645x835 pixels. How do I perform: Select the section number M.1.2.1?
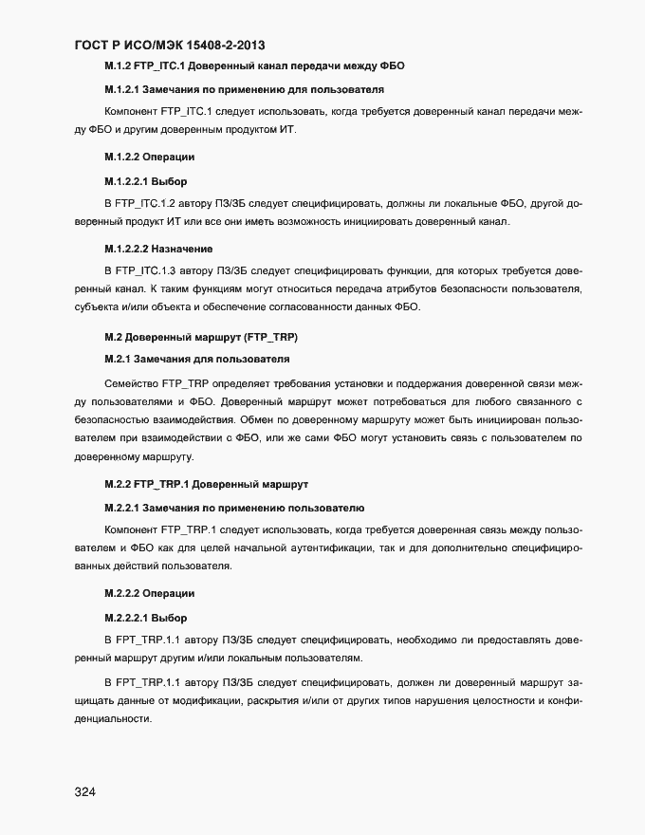[x=120, y=89]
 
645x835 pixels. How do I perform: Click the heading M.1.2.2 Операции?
[x=149, y=156]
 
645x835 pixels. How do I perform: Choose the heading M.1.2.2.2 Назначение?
[x=157, y=248]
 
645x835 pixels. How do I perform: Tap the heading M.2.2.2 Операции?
[x=149, y=593]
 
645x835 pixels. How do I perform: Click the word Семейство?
[x=130, y=383]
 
